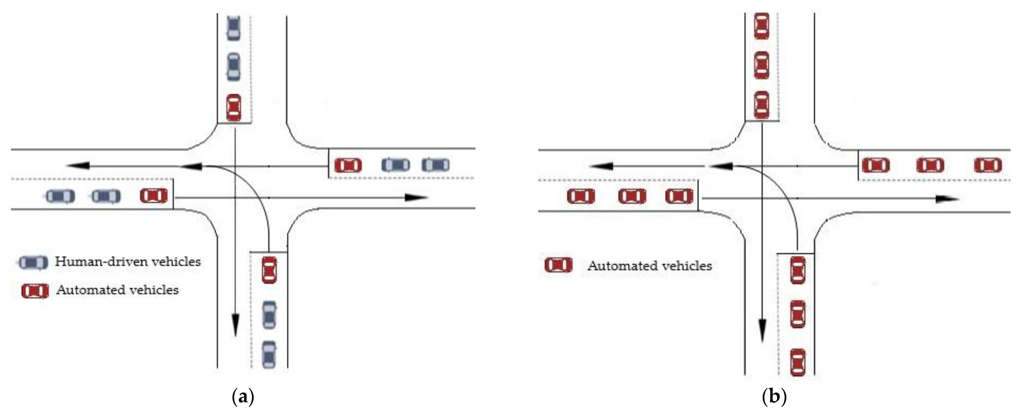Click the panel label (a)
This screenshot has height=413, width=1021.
point(242,397)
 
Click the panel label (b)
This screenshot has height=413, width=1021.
point(774,397)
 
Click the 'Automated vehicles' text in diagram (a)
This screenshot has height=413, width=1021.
point(117,290)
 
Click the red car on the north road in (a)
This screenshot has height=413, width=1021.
point(233,108)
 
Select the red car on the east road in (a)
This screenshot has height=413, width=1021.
point(348,165)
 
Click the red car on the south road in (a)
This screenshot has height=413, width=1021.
point(270,270)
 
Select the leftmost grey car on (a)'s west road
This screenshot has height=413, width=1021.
point(60,196)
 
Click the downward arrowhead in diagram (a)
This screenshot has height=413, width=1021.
point(235,325)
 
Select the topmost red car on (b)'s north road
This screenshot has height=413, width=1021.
point(761,26)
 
